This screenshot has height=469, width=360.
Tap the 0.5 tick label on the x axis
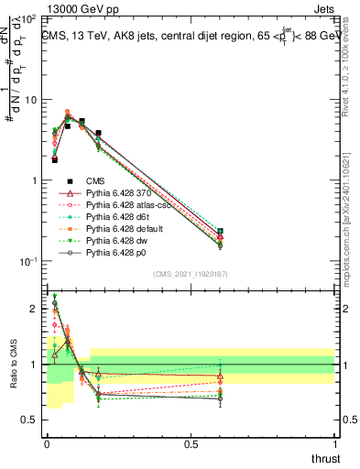tap(191, 443)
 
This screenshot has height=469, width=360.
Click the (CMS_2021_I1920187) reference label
tap(191, 274)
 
